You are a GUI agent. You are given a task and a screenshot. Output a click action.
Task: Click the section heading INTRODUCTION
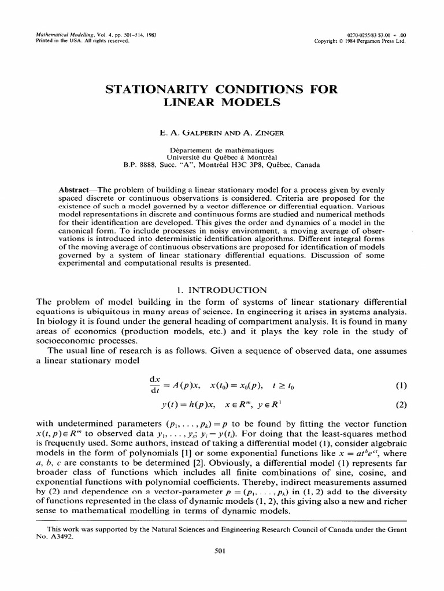[x=227, y=290]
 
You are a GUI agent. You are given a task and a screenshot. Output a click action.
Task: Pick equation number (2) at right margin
[x=402, y=404]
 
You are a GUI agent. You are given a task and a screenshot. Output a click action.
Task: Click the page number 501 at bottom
[x=221, y=551]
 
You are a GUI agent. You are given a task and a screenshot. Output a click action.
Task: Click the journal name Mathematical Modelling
[x=63, y=35]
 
